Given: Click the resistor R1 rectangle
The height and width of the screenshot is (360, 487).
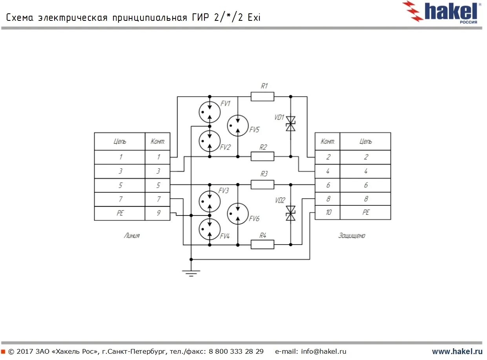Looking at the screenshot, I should pos(262,97).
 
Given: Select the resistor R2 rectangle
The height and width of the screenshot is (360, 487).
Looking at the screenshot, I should pos(262,156).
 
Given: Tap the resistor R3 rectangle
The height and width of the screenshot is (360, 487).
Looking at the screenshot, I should pos(262,185).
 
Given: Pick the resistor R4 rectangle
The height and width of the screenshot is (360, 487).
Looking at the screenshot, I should pos(262,245).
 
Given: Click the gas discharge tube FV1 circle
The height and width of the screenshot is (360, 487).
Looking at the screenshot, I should pos(210,112).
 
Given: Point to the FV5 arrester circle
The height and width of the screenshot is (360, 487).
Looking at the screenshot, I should pos(238,126).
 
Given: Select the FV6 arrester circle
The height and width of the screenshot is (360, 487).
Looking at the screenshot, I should pos(238,214).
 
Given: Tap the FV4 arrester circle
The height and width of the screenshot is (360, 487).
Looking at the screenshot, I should pos(210,229).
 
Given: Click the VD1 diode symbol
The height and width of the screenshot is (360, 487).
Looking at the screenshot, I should pos(290,124).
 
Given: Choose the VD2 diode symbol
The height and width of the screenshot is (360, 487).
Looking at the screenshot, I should pos(290,213).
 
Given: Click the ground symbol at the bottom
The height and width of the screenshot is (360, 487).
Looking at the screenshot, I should pos(191,273).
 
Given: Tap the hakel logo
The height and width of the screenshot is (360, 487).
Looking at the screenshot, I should pos(443,12).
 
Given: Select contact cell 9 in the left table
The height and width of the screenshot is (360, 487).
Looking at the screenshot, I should pos(158,213).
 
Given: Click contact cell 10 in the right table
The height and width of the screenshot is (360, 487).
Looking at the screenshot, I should pos(328,212).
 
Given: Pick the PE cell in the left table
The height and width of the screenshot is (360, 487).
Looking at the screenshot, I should pos(120,213).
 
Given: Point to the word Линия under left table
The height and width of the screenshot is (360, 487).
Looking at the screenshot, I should pos(131,236).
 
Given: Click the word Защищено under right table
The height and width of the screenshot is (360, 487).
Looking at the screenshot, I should pos(352,236).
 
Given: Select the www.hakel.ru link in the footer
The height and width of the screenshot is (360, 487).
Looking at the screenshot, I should pos(457,351).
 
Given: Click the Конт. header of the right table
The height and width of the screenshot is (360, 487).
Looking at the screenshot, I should pos(328,141).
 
